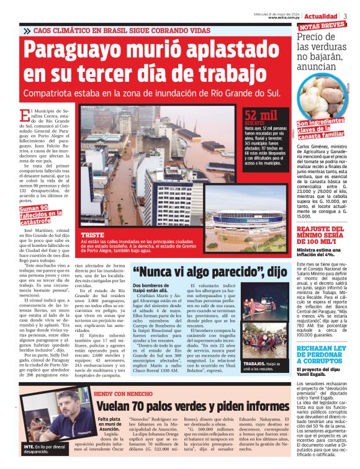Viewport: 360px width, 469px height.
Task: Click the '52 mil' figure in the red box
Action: point(261,115)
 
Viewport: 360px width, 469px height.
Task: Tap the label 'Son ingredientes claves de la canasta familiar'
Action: point(320,128)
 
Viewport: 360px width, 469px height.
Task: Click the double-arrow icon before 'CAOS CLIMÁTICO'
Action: point(27,30)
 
